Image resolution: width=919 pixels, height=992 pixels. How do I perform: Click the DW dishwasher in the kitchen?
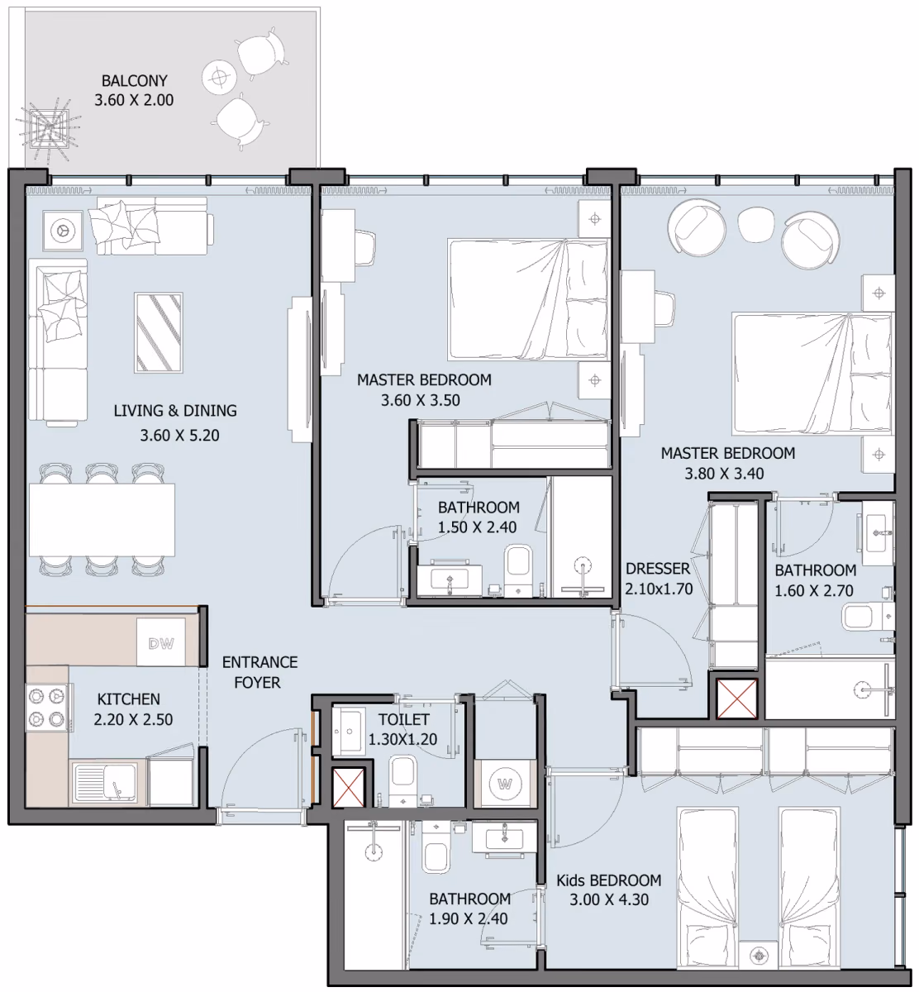click(161, 642)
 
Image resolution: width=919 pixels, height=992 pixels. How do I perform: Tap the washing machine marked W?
click(504, 784)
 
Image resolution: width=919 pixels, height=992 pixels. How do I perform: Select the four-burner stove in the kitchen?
click(47, 708)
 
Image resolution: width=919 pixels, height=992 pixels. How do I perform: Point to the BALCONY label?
click(135, 80)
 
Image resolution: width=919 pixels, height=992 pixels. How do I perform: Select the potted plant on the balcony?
click(48, 128)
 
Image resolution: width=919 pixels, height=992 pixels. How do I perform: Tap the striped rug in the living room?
click(159, 332)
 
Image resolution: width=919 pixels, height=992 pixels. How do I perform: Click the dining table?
click(102, 520)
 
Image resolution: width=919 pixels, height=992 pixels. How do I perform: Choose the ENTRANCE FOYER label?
click(260, 672)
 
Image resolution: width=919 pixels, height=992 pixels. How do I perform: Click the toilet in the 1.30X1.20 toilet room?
click(402, 780)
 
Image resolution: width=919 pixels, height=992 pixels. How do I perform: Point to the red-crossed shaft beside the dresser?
click(736, 699)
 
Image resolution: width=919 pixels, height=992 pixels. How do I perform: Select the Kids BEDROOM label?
click(609, 880)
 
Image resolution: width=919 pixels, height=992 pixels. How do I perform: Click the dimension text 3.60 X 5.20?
click(180, 436)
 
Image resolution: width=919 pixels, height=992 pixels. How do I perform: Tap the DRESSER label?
click(658, 569)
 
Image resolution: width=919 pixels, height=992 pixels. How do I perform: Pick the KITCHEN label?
click(129, 699)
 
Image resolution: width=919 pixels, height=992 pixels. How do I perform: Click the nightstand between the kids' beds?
click(759, 956)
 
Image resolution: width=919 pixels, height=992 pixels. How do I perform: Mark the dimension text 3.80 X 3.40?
click(724, 474)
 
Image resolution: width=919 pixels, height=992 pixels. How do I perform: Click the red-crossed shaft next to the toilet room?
click(348, 788)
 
